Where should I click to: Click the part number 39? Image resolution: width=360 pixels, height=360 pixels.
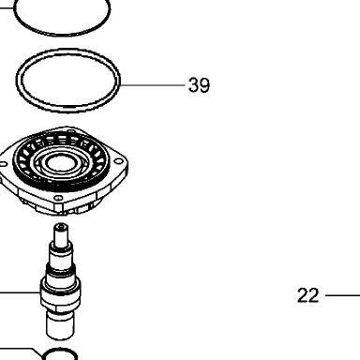pos(199,85)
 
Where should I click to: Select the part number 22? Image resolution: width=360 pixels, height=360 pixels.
pos(307,295)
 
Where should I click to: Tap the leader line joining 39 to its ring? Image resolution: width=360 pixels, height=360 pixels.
pos(153,85)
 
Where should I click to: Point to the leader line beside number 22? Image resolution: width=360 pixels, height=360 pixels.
pos(342,295)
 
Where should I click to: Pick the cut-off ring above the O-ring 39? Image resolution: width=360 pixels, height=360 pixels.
pos(63,34)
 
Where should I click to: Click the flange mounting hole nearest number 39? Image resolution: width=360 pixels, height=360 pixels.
pos(118,161)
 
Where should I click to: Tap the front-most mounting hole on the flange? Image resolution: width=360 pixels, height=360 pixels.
pos(58,198)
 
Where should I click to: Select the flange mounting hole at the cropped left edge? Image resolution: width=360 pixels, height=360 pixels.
pos(4,164)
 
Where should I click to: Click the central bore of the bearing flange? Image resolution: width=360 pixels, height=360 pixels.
pos(60,162)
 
